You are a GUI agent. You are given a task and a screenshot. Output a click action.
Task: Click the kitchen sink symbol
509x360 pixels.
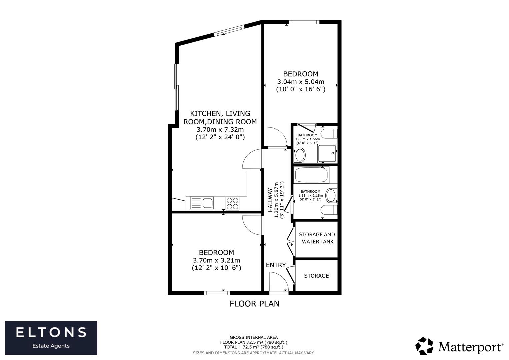(x=202, y=203)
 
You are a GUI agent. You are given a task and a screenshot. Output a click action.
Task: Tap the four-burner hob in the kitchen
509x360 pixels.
(x=232, y=203)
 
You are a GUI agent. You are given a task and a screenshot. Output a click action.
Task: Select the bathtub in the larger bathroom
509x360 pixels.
(x=312, y=175)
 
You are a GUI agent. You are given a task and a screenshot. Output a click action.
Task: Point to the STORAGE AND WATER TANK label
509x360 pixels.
(x=317, y=238)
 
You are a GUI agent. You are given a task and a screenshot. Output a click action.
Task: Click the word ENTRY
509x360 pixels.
(x=276, y=265)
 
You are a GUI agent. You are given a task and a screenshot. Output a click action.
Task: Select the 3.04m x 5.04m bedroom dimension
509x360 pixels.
(x=301, y=82)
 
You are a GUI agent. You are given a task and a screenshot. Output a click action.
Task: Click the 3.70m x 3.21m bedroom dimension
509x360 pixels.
(x=217, y=260)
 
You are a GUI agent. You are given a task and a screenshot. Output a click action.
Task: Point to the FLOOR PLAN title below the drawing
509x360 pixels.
(x=254, y=304)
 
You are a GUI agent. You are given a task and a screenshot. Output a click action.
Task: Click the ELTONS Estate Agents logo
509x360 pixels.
(x=51, y=338)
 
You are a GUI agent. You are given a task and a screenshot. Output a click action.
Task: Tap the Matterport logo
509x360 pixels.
(x=459, y=347)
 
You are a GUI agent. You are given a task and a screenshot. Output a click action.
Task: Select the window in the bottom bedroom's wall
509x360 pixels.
(x=217, y=293)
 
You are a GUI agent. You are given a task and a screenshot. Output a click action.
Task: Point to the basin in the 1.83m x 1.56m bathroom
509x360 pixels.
(x=300, y=155)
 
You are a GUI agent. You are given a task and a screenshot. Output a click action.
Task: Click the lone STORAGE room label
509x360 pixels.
(x=316, y=276)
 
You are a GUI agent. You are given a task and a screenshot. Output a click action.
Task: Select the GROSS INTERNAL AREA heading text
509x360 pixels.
(x=254, y=337)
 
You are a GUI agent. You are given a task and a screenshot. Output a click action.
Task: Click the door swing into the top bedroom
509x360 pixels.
(x=277, y=137)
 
